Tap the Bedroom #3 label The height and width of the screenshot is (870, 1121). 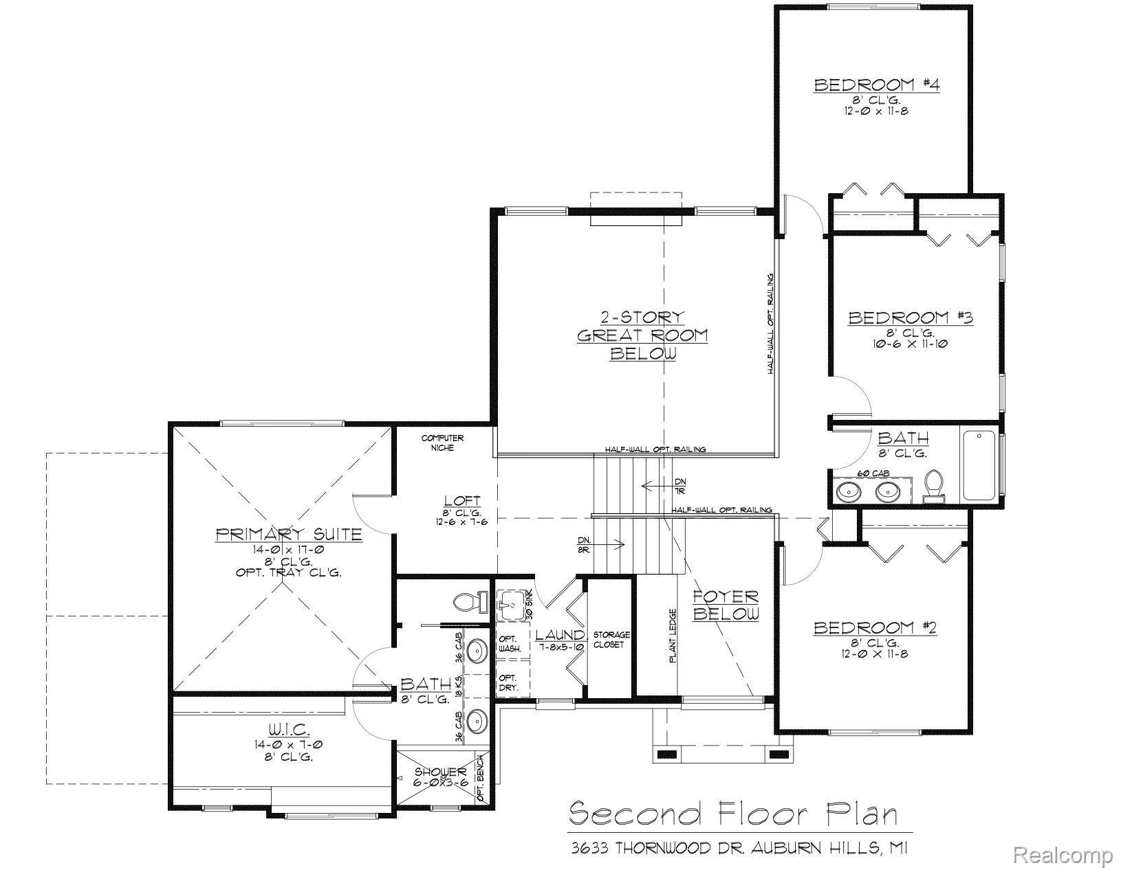click(910, 318)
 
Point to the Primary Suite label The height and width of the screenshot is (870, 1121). click(289, 535)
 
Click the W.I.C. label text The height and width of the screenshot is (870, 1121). click(290, 728)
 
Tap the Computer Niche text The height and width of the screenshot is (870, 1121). click(442, 443)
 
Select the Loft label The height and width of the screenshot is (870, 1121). click(461, 501)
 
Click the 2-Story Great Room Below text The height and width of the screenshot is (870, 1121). click(642, 335)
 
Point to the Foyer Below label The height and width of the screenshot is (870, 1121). click(725, 605)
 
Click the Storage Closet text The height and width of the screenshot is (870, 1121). click(611, 640)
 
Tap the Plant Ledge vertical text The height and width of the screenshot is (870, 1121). click(673, 636)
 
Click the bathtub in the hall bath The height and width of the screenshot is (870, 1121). click(979, 465)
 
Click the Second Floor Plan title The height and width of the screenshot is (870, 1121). click(734, 814)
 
